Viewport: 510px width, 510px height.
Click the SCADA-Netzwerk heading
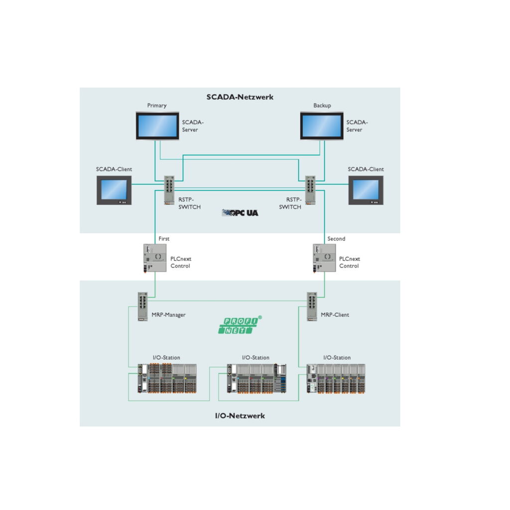[240, 97]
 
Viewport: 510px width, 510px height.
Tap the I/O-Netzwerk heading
[240, 416]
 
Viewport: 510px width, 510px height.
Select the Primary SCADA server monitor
[157, 126]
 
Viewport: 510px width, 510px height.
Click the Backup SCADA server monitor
[322, 126]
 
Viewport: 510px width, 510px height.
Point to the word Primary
[157, 106]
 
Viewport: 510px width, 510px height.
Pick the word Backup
[322, 106]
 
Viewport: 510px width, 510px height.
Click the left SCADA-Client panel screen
[114, 190]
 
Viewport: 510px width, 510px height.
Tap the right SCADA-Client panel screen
[366, 190]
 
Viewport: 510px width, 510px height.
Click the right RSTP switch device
[311, 189]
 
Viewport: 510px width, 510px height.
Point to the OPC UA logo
[240, 213]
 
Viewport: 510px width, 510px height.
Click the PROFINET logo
[240, 325]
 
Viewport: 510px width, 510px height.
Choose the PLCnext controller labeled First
[155, 257]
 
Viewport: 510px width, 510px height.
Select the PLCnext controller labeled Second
[324, 257]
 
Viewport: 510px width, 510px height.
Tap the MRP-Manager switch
[142, 306]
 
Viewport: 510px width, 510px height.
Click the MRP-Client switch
[312, 306]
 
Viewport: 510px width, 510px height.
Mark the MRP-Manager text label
[168, 315]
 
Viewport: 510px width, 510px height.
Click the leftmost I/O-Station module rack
[167, 379]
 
